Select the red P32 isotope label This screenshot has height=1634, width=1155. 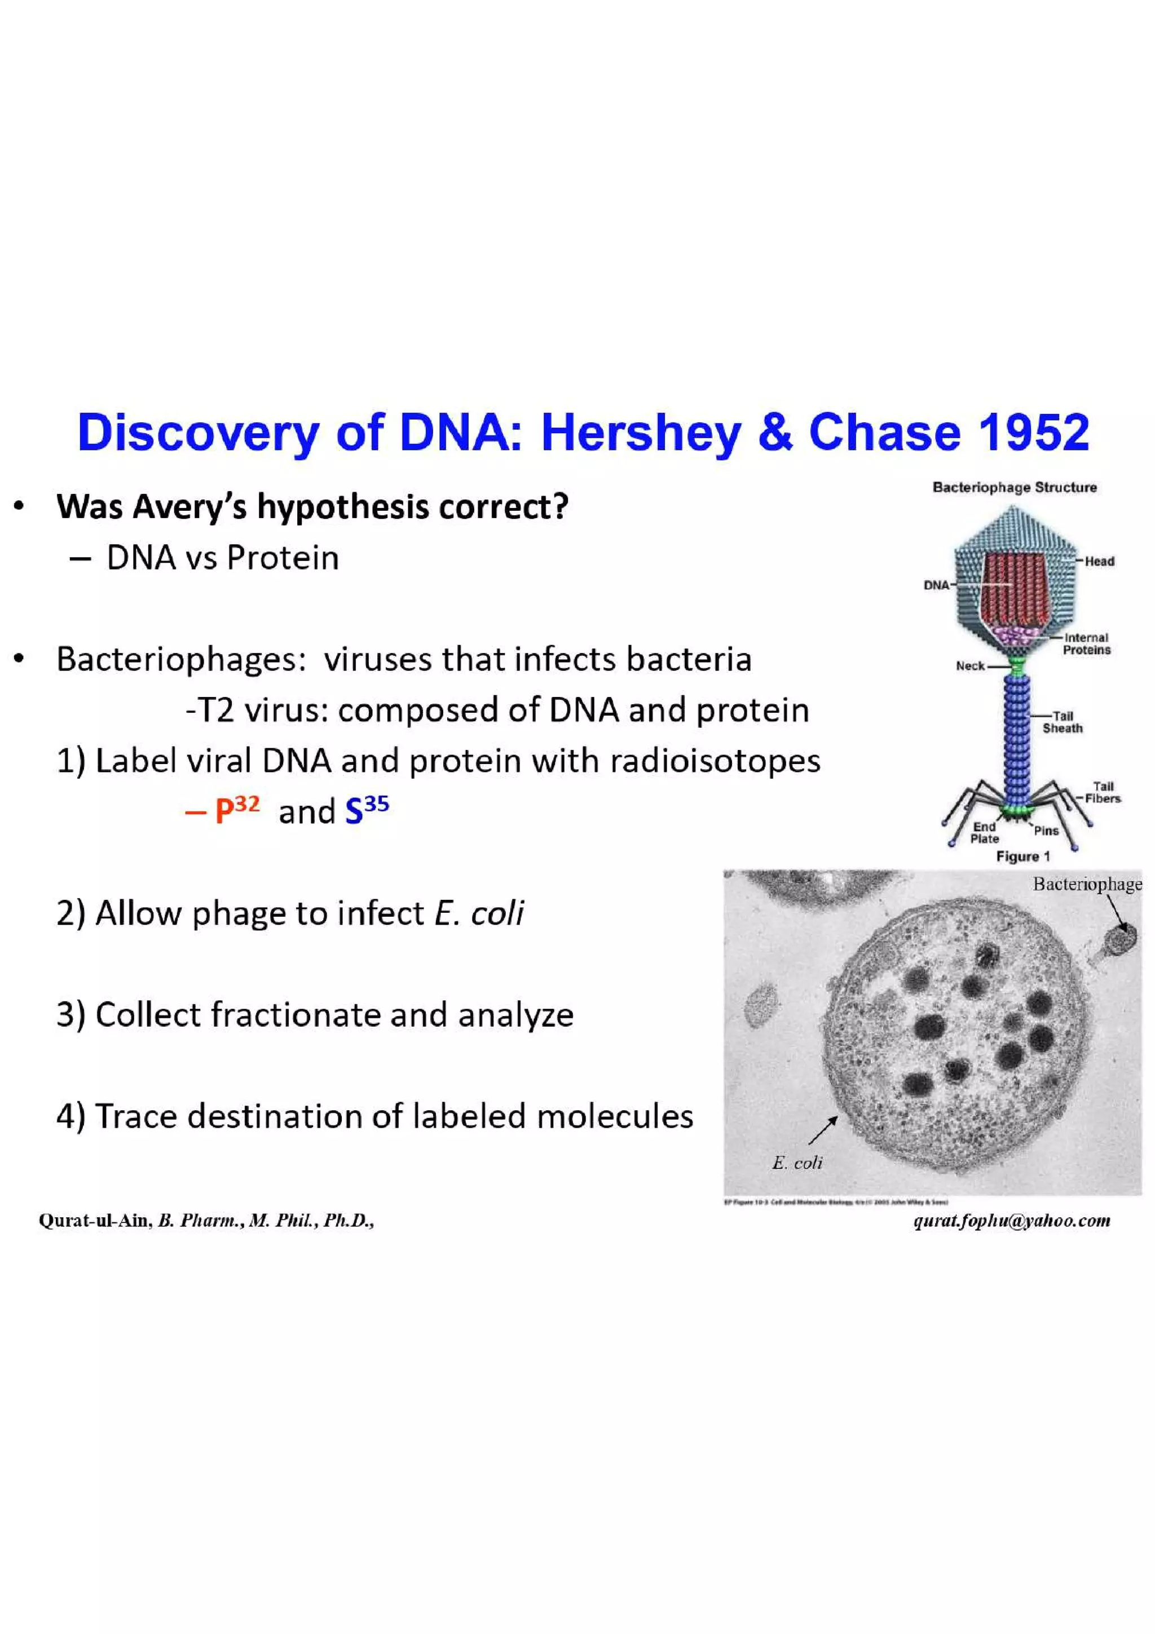pyautogui.click(x=237, y=810)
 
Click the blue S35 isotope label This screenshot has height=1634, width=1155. pyautogui.click(x=367, y=810)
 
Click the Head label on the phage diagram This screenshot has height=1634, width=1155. pyautogui.click(x=1100, y=562)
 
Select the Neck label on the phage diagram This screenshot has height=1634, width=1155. pyautogui.click(x=970, y=666)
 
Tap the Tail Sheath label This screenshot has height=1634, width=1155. pyautogui.click(x=1063, y=722)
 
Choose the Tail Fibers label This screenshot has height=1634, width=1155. pyautogui.click(x=1103, y=792)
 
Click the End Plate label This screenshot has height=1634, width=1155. pyautogui.click(x=984, y=833)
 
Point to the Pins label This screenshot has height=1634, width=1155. pyautogui.click(x=1046, y=831)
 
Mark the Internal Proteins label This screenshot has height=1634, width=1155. pyautogui.click(x=1087, y=644)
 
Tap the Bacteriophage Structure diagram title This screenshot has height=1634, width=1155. pyautogui.click(x=1014, y=488)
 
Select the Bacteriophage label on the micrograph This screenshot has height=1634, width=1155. pyautogui.click(x=1087, y=885)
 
